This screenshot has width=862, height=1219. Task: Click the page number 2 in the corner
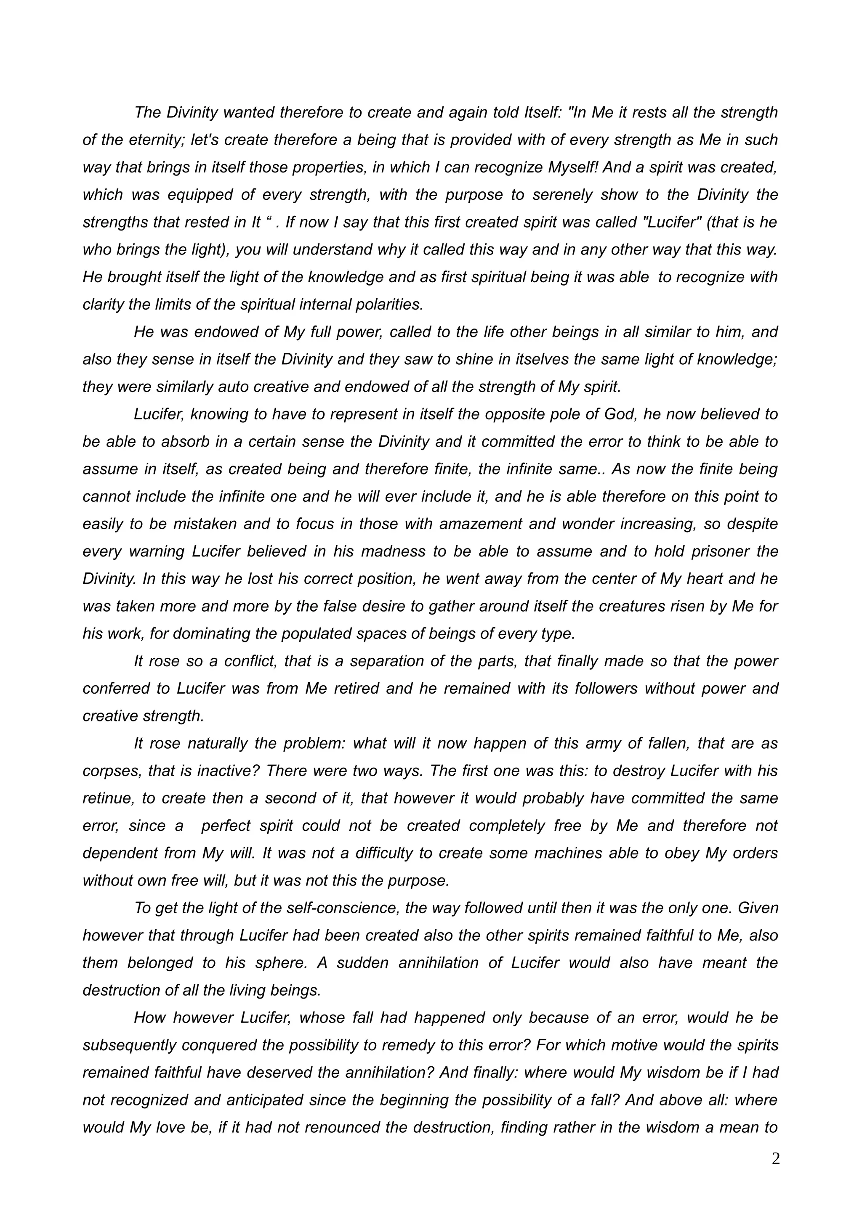coord(775,1159)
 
